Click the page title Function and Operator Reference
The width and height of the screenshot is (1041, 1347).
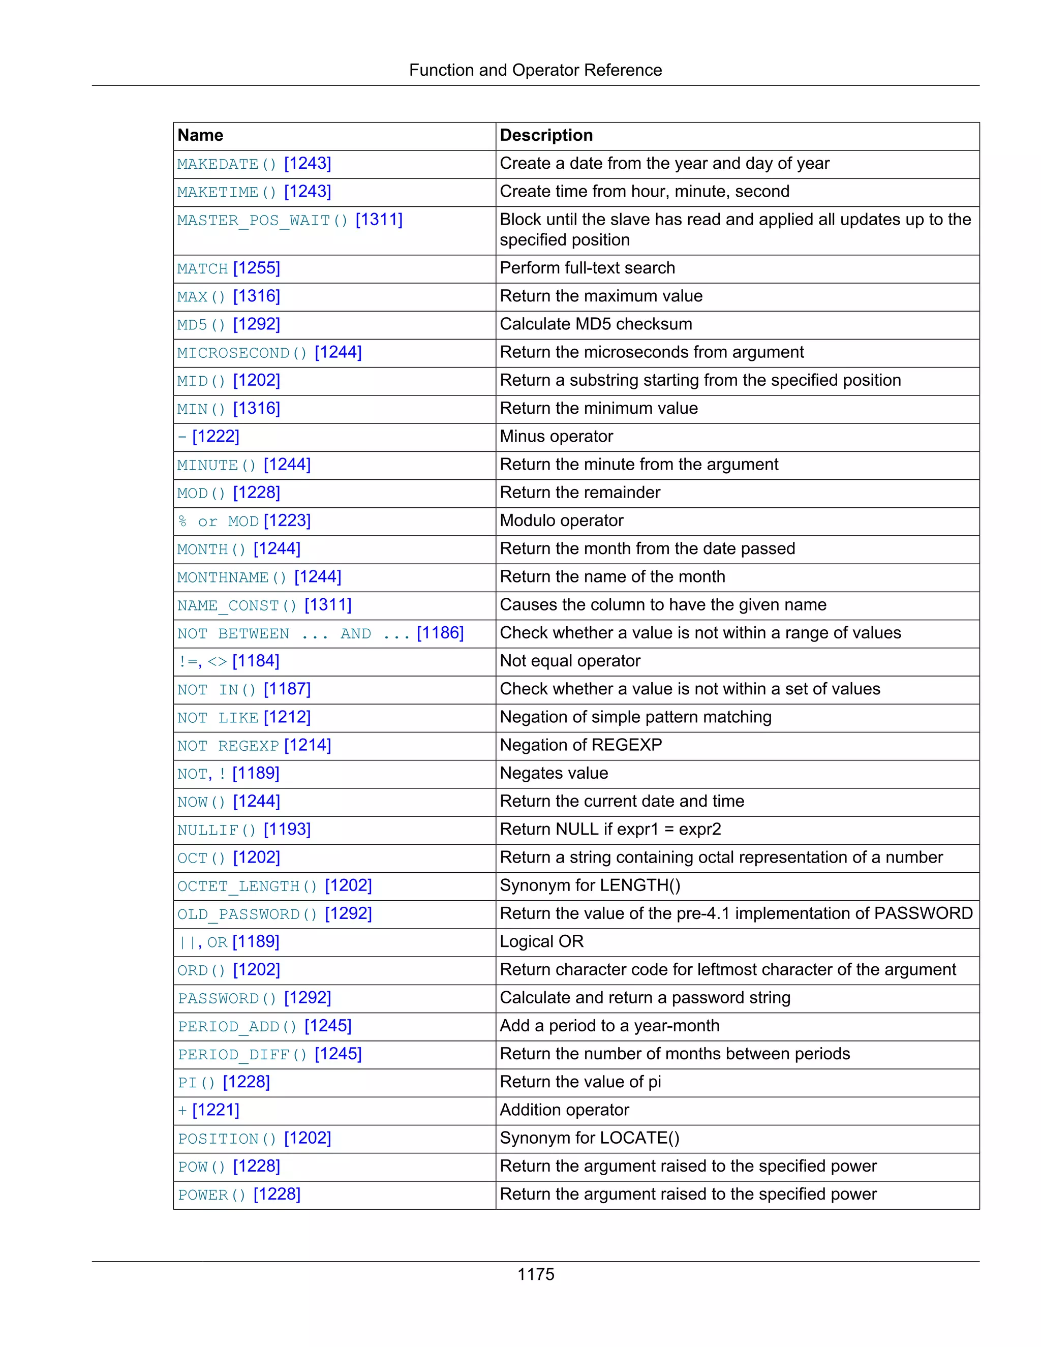pos(535,70)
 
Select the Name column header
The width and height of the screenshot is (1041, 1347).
pos(200,135)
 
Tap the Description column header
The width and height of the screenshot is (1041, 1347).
pos(546,135)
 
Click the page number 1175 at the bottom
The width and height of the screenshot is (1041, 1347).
pos(535,1274)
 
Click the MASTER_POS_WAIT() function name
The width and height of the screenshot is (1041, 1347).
pos(263,220)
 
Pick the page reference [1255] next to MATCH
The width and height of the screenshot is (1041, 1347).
pos(257,268)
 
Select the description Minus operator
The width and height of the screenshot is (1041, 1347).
pos(556,436)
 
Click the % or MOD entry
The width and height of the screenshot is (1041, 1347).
pos(218,521)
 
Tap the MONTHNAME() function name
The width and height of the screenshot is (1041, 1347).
pos(232,577)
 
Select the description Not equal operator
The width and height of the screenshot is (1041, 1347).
pos(570,661)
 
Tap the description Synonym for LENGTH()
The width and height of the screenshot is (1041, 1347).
pos(590,885)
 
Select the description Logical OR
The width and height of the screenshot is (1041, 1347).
pos(541,942)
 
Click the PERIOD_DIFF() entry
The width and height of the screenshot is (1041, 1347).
pos(242,1055)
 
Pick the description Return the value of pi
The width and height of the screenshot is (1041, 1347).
pos(579,1082)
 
